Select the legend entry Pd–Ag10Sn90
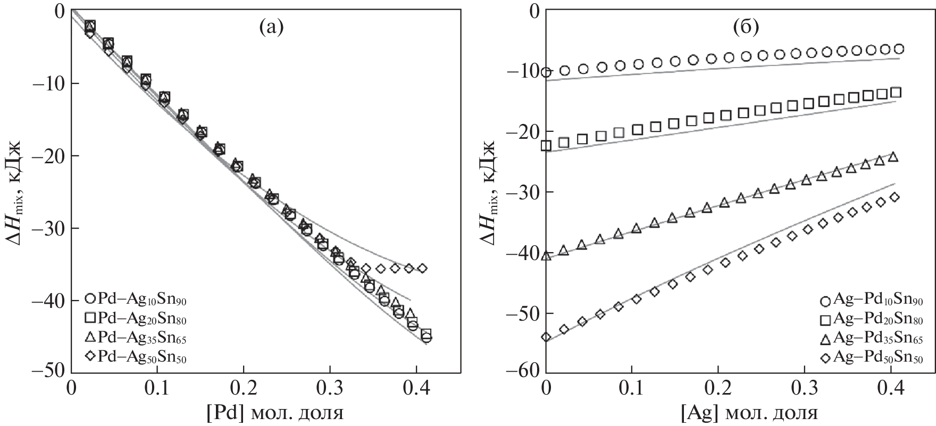click(x=135, y=300)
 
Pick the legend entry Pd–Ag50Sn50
click(x=135, y=357)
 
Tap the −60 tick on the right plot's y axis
click(x=524, y=373)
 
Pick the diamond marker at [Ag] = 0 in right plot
click(x=546, y=337)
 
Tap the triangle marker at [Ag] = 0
click(x=546, y=256)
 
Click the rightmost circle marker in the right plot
click(x=899, y=49)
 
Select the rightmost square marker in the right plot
click(x=896, y=93)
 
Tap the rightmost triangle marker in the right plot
click(x=893, y=157)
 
